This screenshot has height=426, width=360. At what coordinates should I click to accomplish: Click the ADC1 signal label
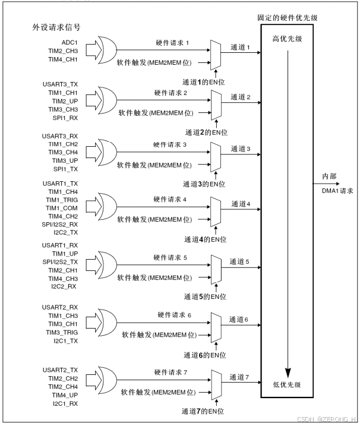pos(70,42)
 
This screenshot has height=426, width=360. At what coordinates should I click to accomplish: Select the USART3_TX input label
pos(60,84)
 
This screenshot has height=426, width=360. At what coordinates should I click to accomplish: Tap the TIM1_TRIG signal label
pos(62,201)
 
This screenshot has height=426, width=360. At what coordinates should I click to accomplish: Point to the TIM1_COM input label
pos(62,209)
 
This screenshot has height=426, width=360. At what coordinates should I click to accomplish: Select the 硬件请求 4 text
pos(170,199)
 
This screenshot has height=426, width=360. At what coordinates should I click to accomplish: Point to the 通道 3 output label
pos(241,148)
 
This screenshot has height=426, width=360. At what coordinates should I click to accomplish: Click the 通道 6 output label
pos(241,320)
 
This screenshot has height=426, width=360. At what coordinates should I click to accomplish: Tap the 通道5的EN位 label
pos(205,296)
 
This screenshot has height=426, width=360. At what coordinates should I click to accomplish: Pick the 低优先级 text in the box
pos(287,384)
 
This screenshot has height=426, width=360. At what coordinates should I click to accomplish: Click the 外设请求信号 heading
pos(56,27)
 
